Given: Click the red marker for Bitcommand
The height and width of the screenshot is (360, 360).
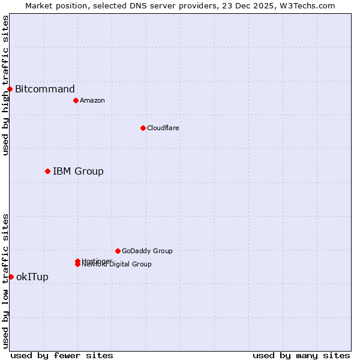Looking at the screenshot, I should coord(10,89).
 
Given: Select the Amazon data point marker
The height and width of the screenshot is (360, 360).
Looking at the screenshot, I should coord(76,100).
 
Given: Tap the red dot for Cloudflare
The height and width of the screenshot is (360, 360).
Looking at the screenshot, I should coord(143,128).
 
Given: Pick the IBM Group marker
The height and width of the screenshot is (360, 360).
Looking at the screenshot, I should coord(47,172).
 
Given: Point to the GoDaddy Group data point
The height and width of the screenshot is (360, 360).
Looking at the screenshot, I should coord(118,251).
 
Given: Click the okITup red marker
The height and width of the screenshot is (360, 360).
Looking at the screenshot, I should coord(11,277).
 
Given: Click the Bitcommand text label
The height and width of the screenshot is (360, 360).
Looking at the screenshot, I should coord(45,89).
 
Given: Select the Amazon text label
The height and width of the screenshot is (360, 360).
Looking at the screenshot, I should coord(92,100).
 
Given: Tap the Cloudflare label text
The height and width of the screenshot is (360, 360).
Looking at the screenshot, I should coord(163,128).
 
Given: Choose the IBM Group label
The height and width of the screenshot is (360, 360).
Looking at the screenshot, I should coord(78,172).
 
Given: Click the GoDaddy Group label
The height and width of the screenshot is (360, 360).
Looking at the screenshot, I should coord(147,251).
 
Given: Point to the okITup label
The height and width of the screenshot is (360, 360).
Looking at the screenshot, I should coord(32,277).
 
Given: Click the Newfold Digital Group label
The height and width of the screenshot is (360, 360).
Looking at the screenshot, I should coord(117,265).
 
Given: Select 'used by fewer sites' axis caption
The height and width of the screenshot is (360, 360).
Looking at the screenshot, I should coord(62,355).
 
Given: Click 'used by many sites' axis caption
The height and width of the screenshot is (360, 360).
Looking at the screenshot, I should coord(301,355).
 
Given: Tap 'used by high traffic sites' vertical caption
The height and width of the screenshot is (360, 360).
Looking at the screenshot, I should coord(5,85).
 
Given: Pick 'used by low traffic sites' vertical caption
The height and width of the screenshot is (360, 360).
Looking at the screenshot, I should coord(5,281).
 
